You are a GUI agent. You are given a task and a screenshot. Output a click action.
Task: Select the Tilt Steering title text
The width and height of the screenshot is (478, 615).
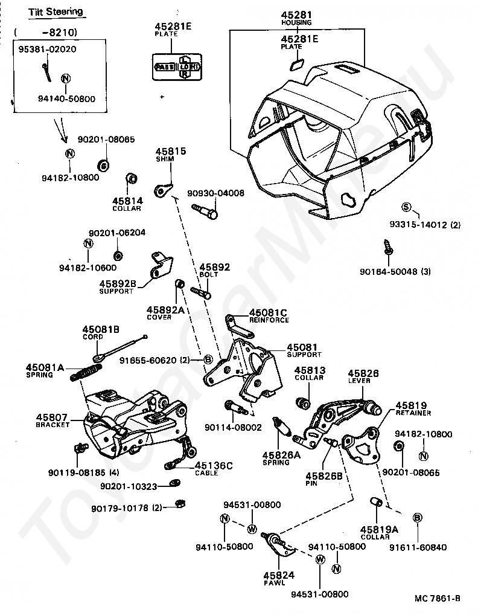56,12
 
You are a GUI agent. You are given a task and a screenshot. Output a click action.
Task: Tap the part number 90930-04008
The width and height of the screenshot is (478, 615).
215,193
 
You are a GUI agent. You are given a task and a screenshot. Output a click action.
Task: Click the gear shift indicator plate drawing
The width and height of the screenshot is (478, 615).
178,66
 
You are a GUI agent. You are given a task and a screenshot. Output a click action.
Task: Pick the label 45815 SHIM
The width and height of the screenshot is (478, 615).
171,155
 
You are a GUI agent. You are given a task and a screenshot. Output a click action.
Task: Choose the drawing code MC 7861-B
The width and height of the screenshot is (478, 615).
437,598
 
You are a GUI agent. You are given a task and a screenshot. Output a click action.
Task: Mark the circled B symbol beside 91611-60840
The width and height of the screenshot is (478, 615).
417,517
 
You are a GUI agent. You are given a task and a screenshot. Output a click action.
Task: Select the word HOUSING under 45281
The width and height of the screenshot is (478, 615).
296,22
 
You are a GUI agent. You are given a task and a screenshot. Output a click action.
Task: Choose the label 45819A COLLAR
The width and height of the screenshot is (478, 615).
380,531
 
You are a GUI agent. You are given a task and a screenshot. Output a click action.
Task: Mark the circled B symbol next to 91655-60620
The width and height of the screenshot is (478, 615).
208,359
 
